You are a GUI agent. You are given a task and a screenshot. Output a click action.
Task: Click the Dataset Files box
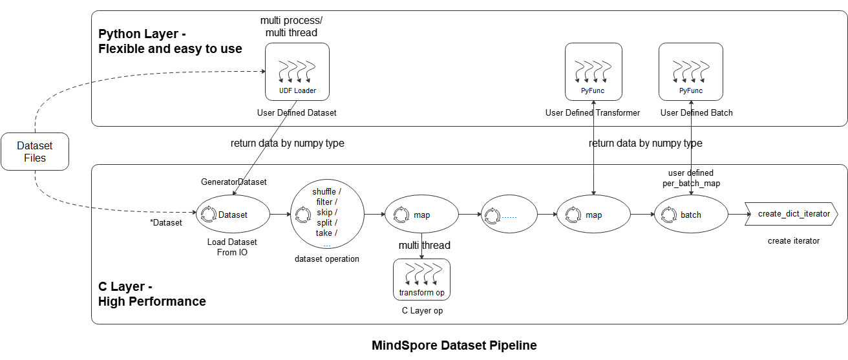(35, 152)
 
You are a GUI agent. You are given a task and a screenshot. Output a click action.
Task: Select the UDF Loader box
(297, 72)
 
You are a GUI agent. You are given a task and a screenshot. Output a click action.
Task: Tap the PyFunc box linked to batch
(691, 72)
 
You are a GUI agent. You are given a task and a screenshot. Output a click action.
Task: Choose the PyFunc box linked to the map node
(593, 72)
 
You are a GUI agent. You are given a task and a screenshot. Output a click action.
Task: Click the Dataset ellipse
(233, 215)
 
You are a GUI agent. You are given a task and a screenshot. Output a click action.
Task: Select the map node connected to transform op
(421, 215)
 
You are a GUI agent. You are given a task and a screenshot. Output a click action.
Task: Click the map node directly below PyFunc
(593, 215)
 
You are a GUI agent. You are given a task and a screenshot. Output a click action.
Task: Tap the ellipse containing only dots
(509, 215)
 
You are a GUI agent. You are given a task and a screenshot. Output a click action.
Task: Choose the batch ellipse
(691, 215)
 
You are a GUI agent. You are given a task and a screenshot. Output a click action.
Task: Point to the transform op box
(421, 279)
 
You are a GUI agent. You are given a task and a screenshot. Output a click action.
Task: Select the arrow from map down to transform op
(421, 246)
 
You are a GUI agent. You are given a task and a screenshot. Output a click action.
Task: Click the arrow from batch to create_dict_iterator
(736, 215)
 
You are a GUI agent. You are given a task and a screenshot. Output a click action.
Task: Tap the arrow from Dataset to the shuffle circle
(281, 215)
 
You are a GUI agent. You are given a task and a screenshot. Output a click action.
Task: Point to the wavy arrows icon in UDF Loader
(297, 70)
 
